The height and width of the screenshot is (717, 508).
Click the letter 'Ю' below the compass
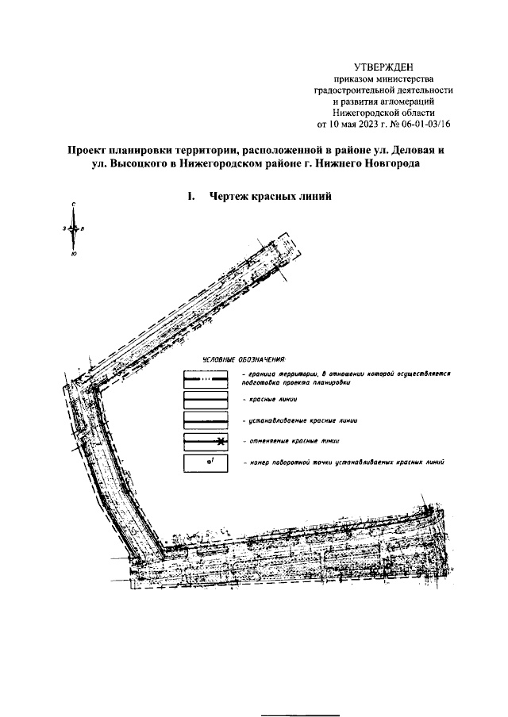tap(73, 254)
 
